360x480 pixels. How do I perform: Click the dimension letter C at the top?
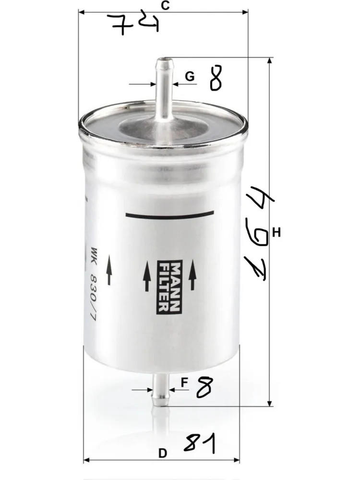click(165, 5)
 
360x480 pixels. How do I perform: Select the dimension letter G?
click(190, 76)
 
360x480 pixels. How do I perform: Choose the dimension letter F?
click(184, 383)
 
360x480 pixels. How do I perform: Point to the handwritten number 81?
click(200, 443)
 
